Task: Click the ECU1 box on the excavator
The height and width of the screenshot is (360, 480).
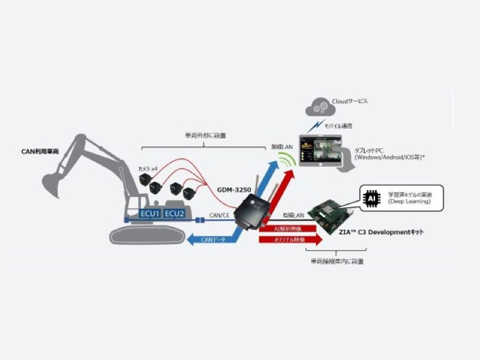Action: pyautogui.click(x=150, y=214)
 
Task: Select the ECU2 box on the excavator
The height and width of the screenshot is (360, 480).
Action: pyautogui.click(x=175, y=214)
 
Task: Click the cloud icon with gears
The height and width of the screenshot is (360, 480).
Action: pyautogui.click(x=317, y=106)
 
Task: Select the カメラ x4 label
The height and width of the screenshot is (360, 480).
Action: pyautogui.click(x=148, y=169)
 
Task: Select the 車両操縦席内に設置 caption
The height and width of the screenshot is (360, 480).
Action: pyautogui.click(x=337, y=262)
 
